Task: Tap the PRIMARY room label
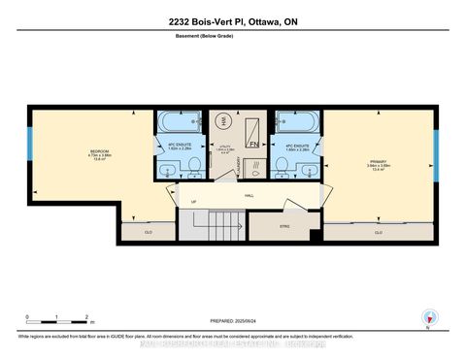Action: [x=379, y=165]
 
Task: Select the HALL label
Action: [x=249, y=195]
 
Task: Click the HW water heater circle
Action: [x=226, y=118]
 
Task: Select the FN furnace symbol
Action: [x=253, y=144]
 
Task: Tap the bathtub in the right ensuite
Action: [x=296, y=123]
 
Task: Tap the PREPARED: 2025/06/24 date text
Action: [x=233, y=320]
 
